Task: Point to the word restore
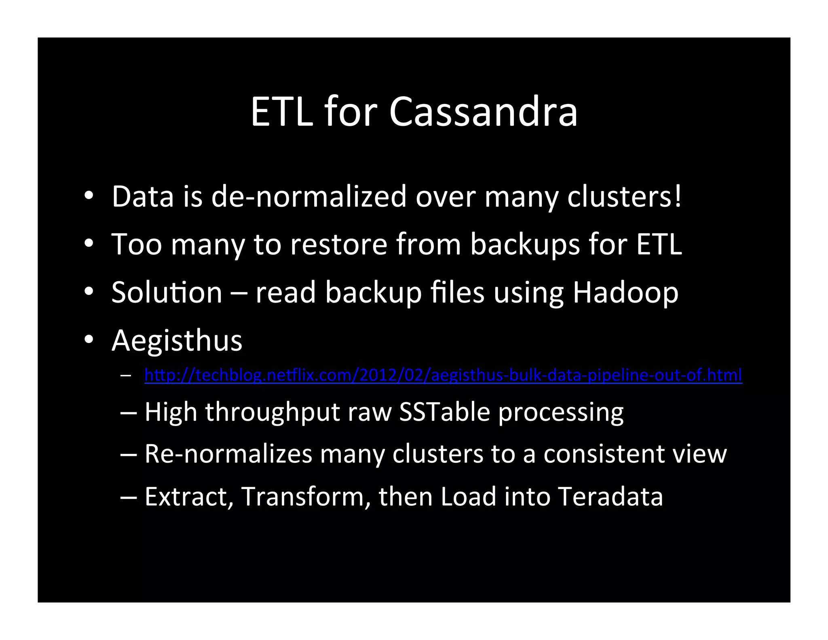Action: coord(339,244)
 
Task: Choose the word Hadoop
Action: coord(625,293)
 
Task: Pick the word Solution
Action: coord(167,292)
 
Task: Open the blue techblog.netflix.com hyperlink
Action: coord(443,375)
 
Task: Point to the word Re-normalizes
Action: coord(228,454)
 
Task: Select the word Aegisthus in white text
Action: coord(177,341)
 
